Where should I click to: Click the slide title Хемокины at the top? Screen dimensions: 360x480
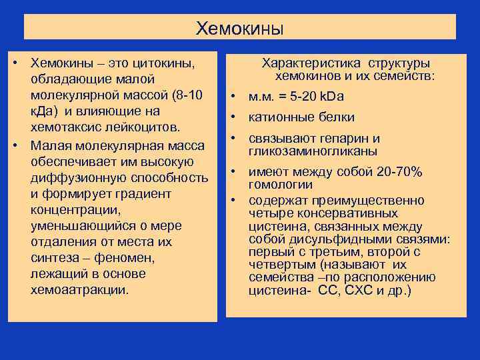tap(239, 29)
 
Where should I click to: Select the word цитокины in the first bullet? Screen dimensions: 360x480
tap(163, 63)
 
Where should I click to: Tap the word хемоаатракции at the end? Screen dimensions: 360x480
tap(79, 290)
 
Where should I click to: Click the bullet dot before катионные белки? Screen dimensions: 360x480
tap(235, 117)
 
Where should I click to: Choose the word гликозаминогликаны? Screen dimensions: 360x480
tap(313, 151)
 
